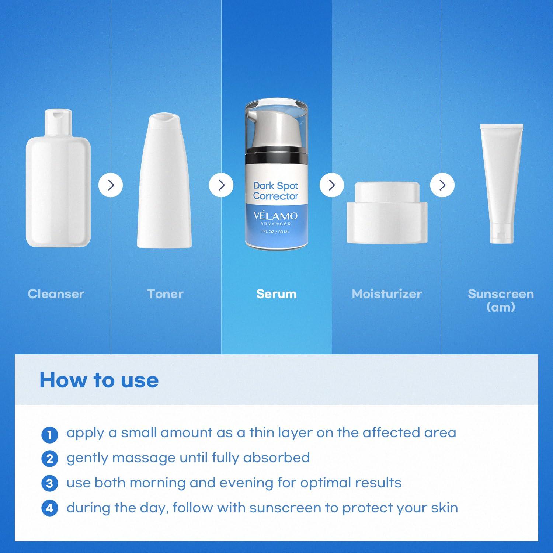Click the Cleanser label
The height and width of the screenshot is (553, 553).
point(56,294)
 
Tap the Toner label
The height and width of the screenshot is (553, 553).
point(165,294)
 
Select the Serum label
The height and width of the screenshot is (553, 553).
point(276,294)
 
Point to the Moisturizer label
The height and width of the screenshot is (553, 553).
point(387,294)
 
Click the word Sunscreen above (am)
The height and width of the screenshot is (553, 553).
point(501,294)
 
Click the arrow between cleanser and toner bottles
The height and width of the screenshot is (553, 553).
point(111,185)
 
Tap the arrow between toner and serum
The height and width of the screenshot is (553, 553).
point(221,185)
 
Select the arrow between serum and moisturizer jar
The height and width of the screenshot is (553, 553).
point(332,185)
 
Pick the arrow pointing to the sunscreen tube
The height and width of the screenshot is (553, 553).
point(442,185)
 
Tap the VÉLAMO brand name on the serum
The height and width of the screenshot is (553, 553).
point(276,216)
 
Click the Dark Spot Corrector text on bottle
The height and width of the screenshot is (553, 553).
point(276,191)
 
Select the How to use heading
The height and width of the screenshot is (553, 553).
point(99,380)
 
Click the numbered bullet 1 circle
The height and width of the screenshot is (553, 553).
point(50,435)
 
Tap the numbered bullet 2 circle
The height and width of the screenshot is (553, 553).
point(50,459)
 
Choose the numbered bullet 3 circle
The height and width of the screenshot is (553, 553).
point(50,483)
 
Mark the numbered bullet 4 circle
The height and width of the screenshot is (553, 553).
point(50,508)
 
